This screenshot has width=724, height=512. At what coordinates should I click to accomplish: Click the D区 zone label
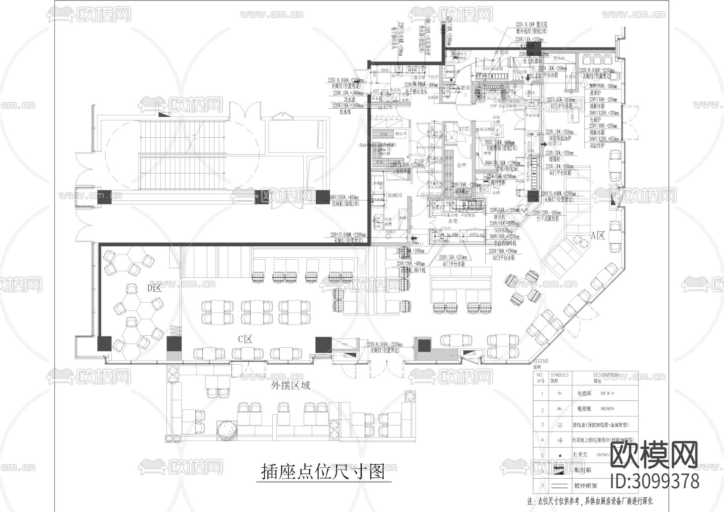[x=154, y=289]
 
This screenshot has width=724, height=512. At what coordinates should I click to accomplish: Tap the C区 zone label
[x=245, y=339]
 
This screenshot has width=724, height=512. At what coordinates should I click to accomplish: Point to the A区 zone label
[x=598, y=236]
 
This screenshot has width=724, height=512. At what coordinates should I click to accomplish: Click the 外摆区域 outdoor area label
[x=290, y=386]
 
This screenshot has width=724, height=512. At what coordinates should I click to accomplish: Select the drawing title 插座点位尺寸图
[x=323, y=472]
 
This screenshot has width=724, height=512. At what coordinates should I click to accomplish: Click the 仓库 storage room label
[x=461, y=165]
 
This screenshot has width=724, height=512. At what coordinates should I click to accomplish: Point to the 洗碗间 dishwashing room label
[x=394, y=195]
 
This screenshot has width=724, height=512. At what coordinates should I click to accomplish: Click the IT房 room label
[x=464, y=129]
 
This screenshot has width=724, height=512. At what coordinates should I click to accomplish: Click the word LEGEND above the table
[x=541, y=361]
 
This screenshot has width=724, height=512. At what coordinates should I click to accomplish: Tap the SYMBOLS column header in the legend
[x=559, y=375]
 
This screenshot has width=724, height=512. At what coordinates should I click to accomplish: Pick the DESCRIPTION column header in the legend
[x=606, y=375]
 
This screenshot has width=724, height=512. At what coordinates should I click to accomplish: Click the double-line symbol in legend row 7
[x=559, y=486]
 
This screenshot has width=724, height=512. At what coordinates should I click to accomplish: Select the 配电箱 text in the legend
[x=582, y=470]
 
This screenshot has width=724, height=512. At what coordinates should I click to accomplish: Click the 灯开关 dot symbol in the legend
[x=560, y=455]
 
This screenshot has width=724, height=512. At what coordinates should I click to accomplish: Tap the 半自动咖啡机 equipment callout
[x=504, y=244]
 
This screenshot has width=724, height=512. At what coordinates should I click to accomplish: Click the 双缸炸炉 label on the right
[x=597, y=146]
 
